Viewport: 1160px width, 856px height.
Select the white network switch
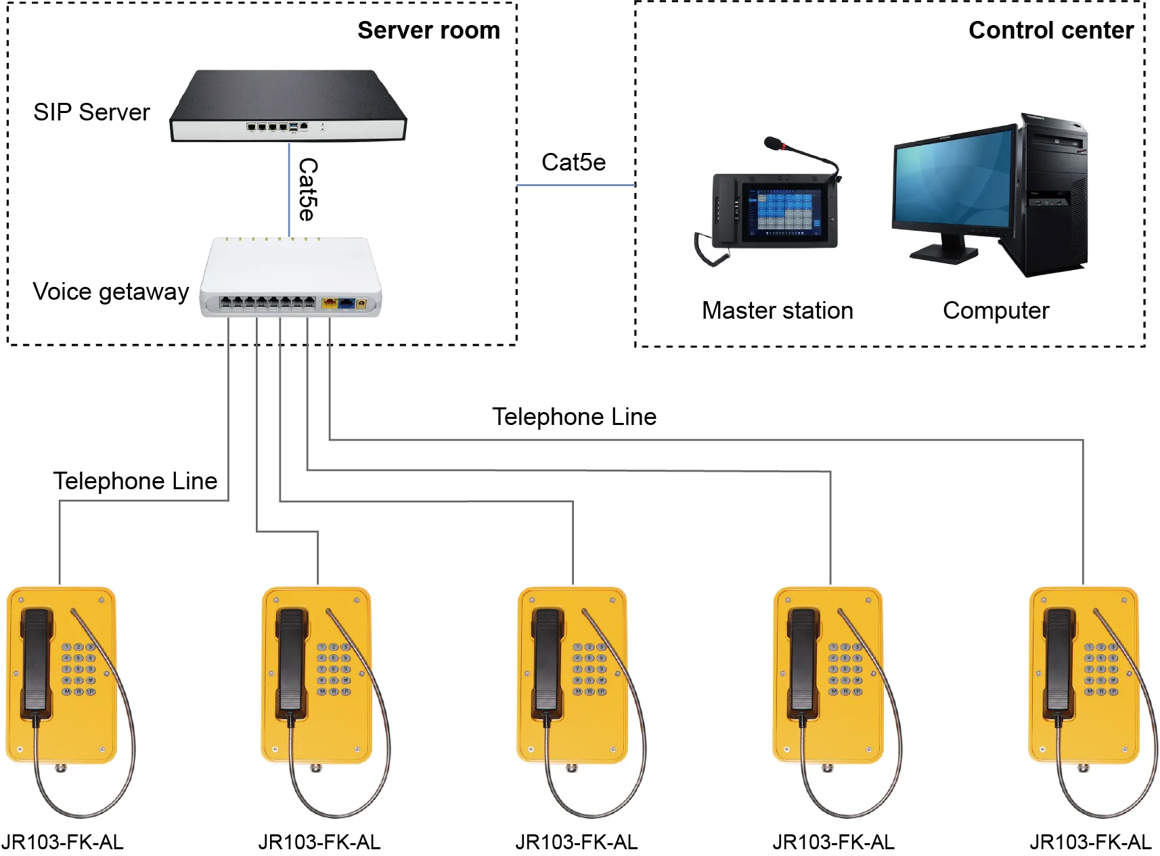pos(290,277)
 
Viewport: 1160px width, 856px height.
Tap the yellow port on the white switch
pos(329,304)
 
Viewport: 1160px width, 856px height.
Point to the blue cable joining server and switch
pos(290,189)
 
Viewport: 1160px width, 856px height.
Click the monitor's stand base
pos(945,254)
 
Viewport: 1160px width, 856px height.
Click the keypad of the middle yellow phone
pos(589,669)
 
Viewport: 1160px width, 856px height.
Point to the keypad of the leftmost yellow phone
pos(78,669)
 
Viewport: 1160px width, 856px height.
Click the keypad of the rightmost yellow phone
pos(1100,669)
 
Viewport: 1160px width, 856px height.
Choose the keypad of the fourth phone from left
pos(845,669)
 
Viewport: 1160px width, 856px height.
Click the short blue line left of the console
pos(576,186)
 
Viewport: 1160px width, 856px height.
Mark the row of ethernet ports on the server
pos(267,126)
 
